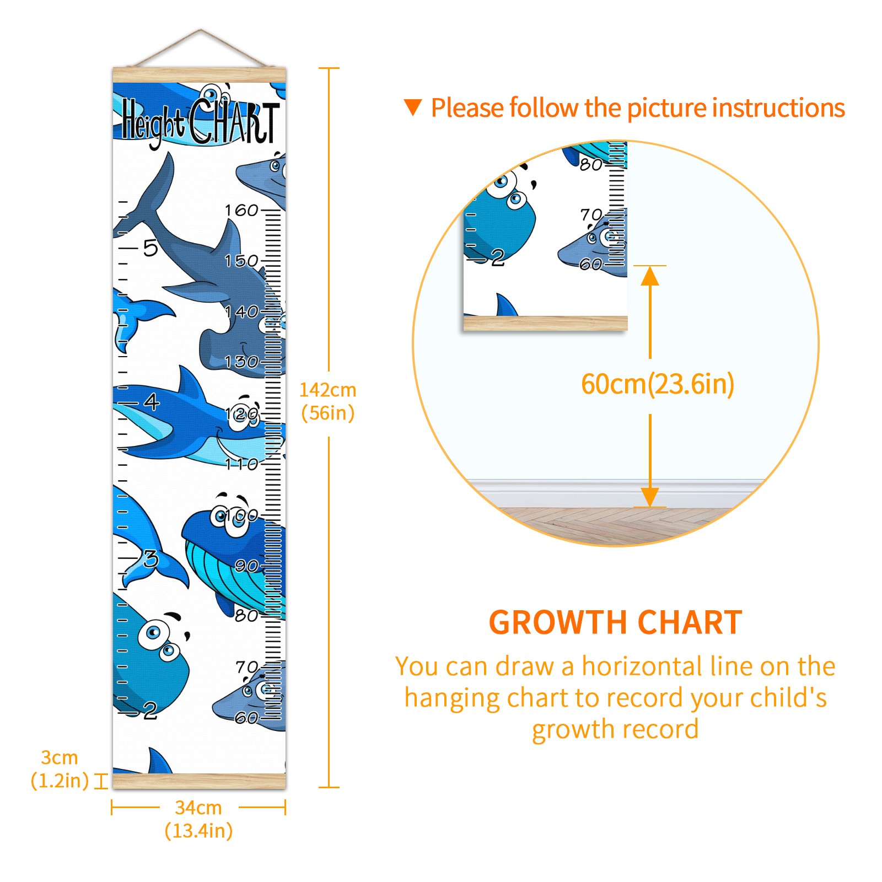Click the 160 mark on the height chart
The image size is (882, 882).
click(x=241, y=210)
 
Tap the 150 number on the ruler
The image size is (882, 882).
click(x=241, y=260)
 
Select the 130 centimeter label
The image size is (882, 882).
click(x=241, y=362)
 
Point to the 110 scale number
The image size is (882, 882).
click(x=241, y=464)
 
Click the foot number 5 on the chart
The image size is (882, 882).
click(x=150, y=248)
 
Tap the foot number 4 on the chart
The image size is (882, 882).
click(x=152, y=401)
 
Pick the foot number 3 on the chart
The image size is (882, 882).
click(x=151, y=559)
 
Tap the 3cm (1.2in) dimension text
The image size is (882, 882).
click(x=60, y=769)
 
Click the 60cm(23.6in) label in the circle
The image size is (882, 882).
click(x=658, y=384)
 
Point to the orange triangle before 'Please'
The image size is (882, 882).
click(x=413, y=107)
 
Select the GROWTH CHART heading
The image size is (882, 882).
click(x=615, y=622)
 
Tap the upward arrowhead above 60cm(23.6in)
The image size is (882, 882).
click(x=650, y=276)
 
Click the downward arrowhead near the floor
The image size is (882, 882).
click(x=650, y=497)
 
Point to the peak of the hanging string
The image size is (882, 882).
click(x=200, y=30)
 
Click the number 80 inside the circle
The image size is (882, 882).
click(x=590, y=164)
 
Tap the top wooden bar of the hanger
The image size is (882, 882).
click(x=200, y=75)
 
